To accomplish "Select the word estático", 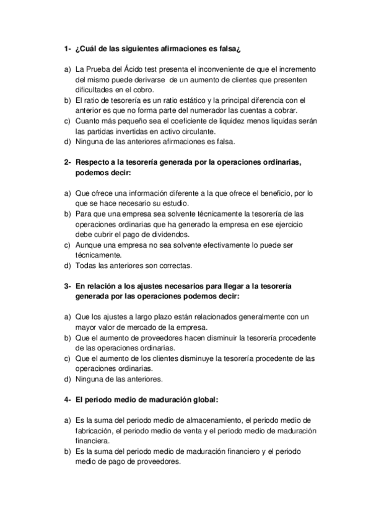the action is [x=189, y=100].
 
